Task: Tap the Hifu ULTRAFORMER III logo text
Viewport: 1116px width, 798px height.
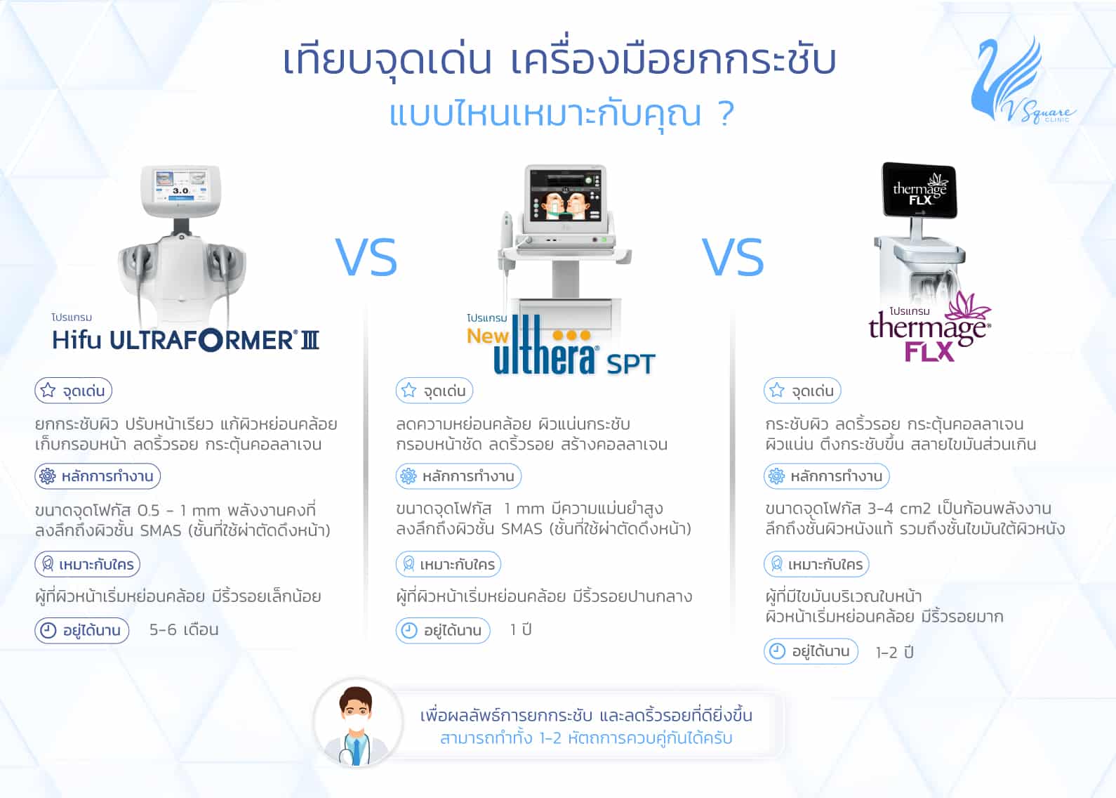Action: click(x=185, y=341)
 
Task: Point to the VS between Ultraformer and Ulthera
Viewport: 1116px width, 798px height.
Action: click(x=366, y=257)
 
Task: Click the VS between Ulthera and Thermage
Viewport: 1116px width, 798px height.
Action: click(x=733, y=257)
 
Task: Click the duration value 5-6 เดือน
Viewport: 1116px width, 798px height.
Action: click(x=184, y=630)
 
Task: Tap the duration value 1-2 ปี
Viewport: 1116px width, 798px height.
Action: click(x=895, y=653)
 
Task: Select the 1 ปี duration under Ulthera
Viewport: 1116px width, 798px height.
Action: click(x=521, y=630)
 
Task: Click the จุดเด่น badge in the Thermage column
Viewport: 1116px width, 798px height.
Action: click(x=802, y=391)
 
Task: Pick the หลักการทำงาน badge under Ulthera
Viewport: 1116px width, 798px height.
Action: click(x=458, y=476)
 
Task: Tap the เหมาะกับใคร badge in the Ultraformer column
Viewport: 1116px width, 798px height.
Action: click(x=88, y=564)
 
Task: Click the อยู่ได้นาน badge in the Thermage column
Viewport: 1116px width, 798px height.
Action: click(x=811, y=651)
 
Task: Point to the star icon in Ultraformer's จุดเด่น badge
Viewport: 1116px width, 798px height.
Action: click(x=48, y=391)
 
